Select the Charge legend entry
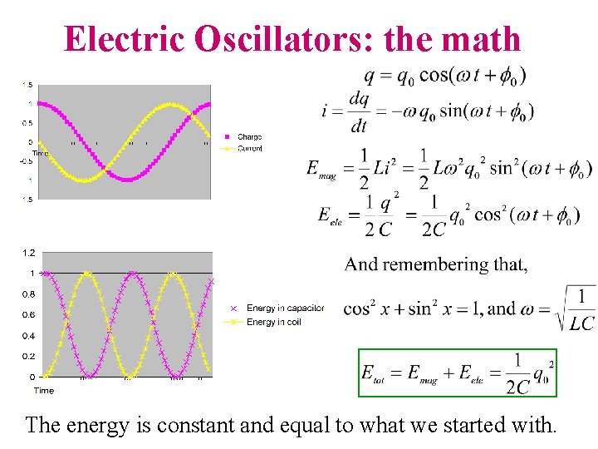coord(249,137)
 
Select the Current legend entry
coord(249,149)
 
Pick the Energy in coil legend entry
coord(275,322)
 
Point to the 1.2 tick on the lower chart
coord(29,252)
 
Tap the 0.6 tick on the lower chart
coord(29,315)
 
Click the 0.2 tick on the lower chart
coord(29,356)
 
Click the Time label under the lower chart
coord(43,390)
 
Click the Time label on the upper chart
coord(40,154)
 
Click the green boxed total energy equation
coord(457,373)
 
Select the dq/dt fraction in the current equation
coord(359,111)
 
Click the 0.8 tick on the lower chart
coord(29,294)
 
